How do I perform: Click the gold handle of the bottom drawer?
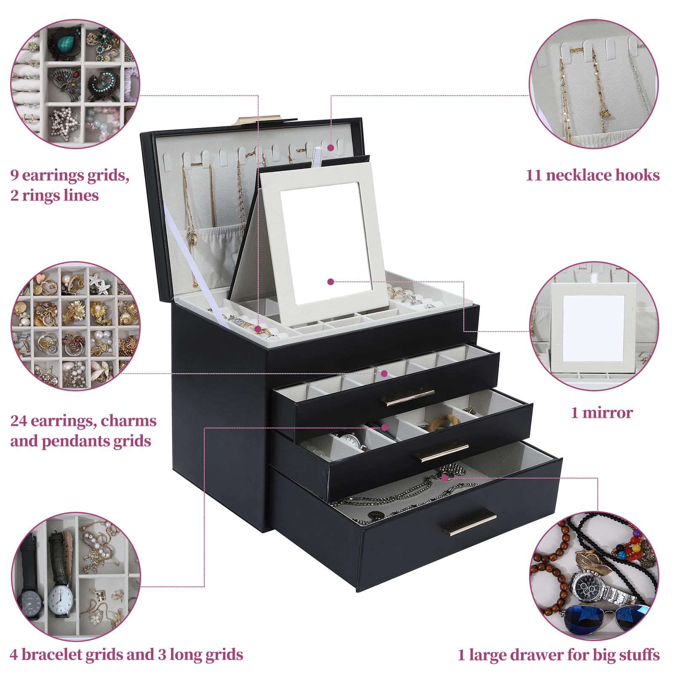point(473,522)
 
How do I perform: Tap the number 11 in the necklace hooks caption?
point(533,175)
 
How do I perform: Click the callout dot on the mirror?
point(331,281)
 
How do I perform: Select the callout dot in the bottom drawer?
point(444,477)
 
